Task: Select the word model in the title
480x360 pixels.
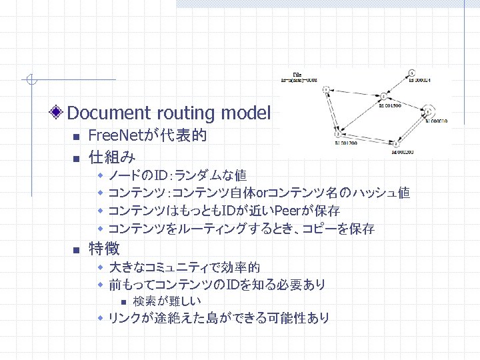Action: (248, 113)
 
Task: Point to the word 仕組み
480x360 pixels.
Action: (112, 157)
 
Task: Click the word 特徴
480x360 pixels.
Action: (104, 249)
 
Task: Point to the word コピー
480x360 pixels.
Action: (321, 229)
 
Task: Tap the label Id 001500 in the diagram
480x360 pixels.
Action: (388, 105)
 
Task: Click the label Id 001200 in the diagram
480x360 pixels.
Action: (347, 143)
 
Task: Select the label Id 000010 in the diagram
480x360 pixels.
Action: (436, 121)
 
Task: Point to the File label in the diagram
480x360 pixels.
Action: (297, 75)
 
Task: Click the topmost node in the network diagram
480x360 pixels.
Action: (412, 72)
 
